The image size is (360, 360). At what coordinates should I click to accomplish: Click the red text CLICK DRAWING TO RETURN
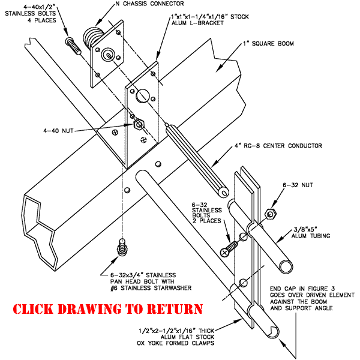click(108, 310)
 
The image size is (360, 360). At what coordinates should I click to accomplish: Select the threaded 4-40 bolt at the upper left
click(73, 45)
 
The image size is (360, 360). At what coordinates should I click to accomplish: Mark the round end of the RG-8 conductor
click(224, 192)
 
